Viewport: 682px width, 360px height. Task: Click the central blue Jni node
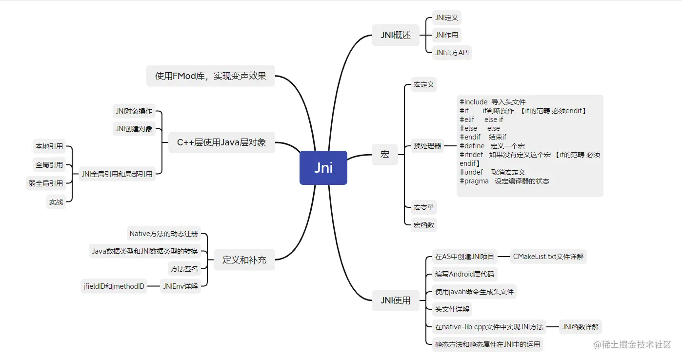point(323,168)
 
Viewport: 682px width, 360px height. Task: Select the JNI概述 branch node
point(396,35)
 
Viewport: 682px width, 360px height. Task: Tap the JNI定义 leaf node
point(447,18)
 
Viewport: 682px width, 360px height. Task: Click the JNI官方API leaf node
point(452,53)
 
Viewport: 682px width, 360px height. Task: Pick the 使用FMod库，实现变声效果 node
point(211,76)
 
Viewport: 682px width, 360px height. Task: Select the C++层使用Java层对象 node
point(221,142)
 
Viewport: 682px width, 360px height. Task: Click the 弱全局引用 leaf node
point(46,183)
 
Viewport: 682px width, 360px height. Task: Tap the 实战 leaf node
point(56,202)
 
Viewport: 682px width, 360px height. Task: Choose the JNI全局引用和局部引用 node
point(117,174)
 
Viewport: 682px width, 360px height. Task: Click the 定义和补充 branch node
point(244,260)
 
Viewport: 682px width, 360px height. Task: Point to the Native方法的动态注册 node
point(164,234)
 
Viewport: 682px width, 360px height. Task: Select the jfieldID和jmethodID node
point(114,286)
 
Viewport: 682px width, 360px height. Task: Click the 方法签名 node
point(184,269)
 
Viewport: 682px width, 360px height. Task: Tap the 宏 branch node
point(385,155)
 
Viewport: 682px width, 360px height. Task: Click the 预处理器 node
point(427,145)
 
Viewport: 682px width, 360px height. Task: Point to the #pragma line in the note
point(504,181)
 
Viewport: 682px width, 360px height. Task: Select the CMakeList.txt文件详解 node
point(548,256)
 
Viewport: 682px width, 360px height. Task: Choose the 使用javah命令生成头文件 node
point(474,292)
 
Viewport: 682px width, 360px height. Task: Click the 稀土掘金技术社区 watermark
point(632,344)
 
